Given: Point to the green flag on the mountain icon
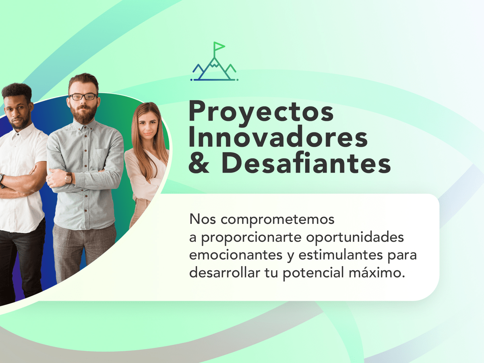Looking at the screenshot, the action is (x=219, y=46).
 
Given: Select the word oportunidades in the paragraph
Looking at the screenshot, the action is (x=355, y=238).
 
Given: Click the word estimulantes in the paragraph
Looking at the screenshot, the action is (x=341, y=255).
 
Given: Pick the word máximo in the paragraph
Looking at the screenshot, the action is (x=377, y=273).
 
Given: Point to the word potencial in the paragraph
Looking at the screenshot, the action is (x=313, y=273).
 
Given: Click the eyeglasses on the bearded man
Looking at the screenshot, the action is (x=83, y=97).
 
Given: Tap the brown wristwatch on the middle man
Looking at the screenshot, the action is (x=69, y=178).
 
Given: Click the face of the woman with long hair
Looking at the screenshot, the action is (x=148, y=125).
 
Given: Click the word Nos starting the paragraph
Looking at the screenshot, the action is (x=202, y=219).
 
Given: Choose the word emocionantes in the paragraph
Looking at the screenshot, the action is (x=236, y=255).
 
